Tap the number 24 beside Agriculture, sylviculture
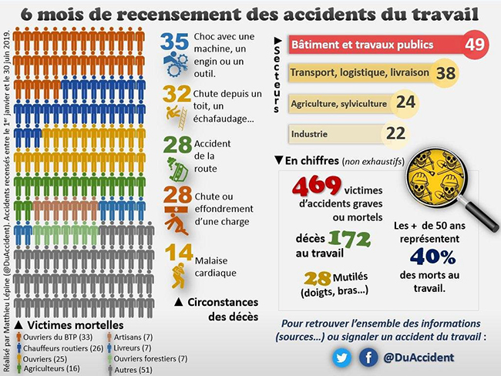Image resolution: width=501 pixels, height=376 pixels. (x=406, y=102)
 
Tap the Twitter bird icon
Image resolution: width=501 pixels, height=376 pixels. (x=342, y=358)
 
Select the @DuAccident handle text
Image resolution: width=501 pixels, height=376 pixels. (x=421, y=358)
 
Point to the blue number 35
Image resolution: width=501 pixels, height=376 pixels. (x=176, y=42)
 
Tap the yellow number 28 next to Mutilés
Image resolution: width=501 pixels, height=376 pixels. (x=317, y=279)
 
